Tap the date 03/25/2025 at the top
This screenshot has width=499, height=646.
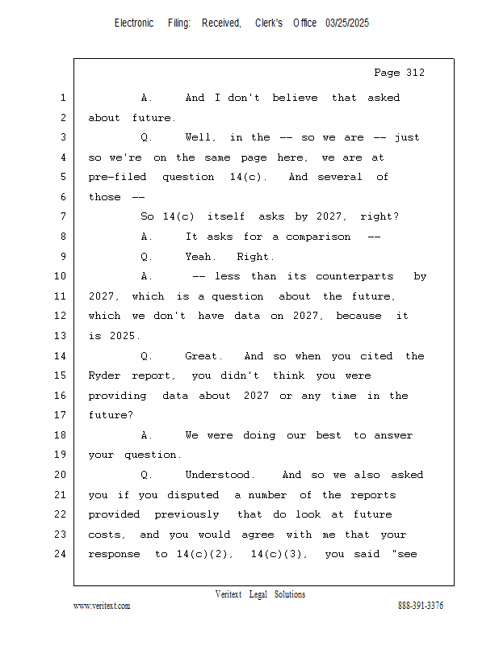pos(347,23)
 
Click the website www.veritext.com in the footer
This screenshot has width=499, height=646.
pos(102,606)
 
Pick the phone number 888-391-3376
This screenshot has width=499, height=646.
pos(420,606)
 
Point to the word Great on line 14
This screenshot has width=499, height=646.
pos(201,356)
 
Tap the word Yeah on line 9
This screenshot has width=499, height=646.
pos(201,257)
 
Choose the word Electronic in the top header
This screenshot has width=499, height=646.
pos(134,23)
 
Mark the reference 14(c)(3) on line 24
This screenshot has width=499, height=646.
pos(277,554)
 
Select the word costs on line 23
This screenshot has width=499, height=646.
pos(106,535)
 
